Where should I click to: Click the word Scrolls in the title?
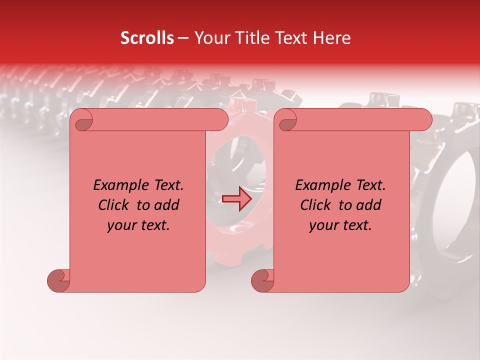[147, 38]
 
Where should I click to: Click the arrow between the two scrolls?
[236, 199]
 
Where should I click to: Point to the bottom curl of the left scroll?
[59, 280]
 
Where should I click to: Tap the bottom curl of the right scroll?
[262, 280]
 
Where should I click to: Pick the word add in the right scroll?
[369, 205]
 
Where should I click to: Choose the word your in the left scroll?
[121, 226]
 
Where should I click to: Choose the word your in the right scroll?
[323, 226]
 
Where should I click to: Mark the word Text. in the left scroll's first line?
[166, 185]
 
